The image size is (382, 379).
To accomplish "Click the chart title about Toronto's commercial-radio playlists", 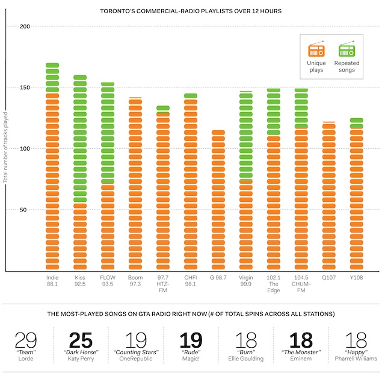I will point(191,11).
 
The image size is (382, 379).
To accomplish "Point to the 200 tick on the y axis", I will point(25,27).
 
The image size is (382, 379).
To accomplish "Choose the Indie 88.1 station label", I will point(52,281).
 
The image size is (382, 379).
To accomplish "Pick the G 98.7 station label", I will point(218,278).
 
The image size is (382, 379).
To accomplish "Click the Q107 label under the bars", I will point(328,278).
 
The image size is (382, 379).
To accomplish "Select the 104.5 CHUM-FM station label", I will point(301,284).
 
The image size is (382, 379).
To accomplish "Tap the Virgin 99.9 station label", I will point(245,281).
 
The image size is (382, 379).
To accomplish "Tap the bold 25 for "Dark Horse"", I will point(81,341).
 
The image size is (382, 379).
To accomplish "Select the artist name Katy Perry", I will point(81,358).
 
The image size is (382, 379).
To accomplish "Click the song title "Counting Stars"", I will point(135,351).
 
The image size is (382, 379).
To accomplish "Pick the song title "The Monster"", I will point(300,351).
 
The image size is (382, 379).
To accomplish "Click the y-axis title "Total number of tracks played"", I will point(5,155).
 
